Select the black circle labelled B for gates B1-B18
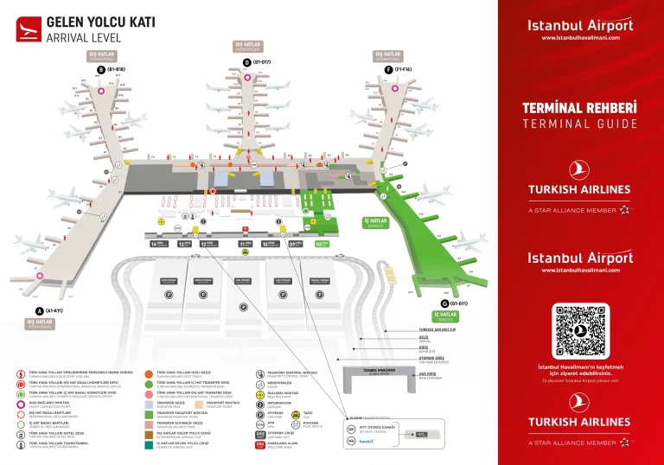pos(101,69)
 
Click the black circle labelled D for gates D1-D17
pos(246,62)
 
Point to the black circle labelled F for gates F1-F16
pos(388,68)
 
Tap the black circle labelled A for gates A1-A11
pos(38,310)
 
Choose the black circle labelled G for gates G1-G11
pos(444,303)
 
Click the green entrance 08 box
pos(321,245)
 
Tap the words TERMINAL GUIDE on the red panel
pos(579,124)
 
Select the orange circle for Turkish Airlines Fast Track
pos(149,375)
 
